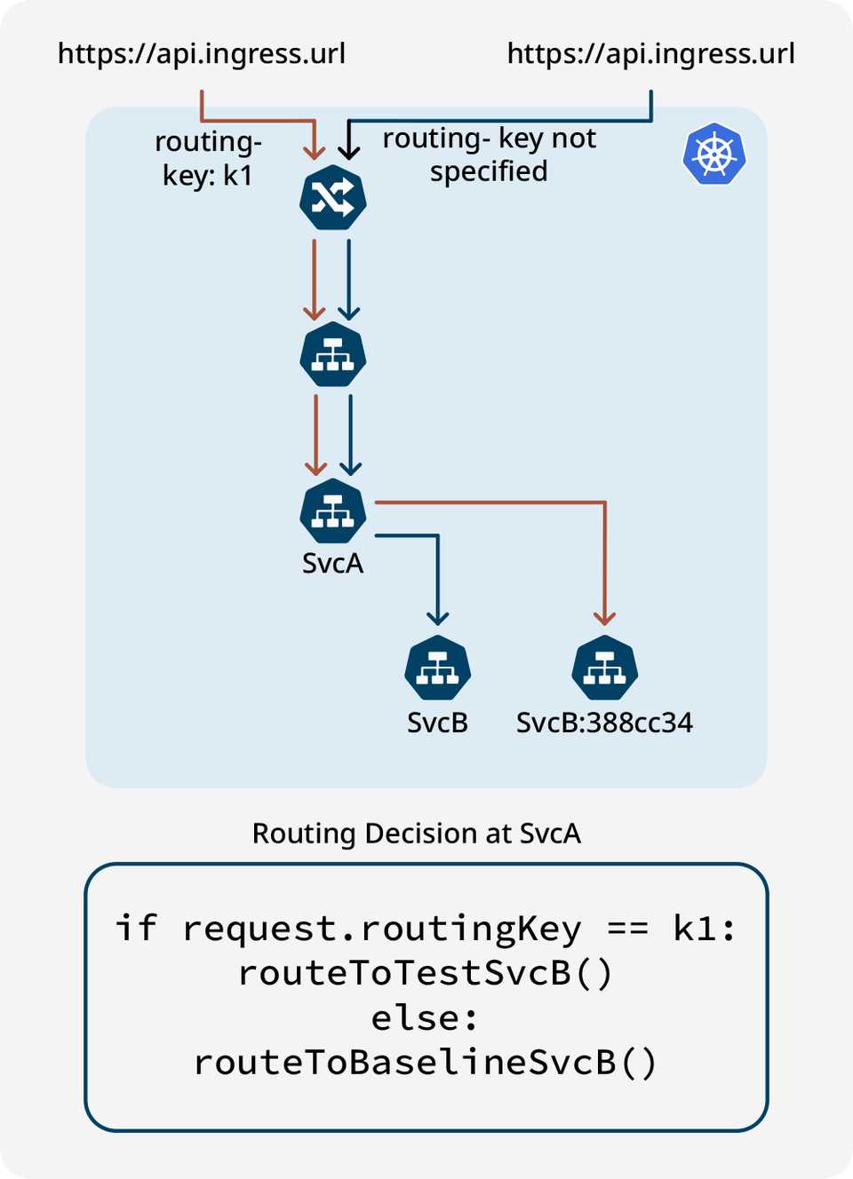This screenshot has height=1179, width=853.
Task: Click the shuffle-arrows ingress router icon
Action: [x=333, y=197]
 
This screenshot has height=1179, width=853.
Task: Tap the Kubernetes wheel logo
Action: [x=714, y=154]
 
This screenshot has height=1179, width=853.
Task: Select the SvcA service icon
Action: [x=333, y=511]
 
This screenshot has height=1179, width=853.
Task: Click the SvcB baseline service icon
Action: [x=437, y=668]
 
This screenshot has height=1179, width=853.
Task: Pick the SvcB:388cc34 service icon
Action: [x=605, y=668]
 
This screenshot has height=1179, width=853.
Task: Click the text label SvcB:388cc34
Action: [x=604, y=723]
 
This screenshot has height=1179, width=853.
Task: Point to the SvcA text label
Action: [x=332, y=564]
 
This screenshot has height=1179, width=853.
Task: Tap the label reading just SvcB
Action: [x=437, y=723]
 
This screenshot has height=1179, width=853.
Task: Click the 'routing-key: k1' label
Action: [x=208, y=158]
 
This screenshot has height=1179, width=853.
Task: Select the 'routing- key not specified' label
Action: [x=489, y=154]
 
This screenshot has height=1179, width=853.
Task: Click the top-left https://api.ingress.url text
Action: [x=202, y=54]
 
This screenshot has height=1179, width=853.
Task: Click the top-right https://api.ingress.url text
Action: [x=650, y=54]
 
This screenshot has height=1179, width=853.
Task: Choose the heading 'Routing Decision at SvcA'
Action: [x=416, y=834]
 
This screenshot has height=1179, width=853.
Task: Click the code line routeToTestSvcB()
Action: [x=426, y=973]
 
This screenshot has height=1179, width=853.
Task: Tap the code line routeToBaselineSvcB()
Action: [x=426, y=1062]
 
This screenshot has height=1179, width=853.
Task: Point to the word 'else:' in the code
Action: [x=425, y=1017]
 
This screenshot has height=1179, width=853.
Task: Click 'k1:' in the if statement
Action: [x=705, y=929]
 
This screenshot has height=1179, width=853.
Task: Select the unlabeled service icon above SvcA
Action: [x=333, y=355]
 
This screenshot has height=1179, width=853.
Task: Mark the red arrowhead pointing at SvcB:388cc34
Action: [x=605, y=618]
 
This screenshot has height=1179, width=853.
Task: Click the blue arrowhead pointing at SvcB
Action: [x=437, y=618]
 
